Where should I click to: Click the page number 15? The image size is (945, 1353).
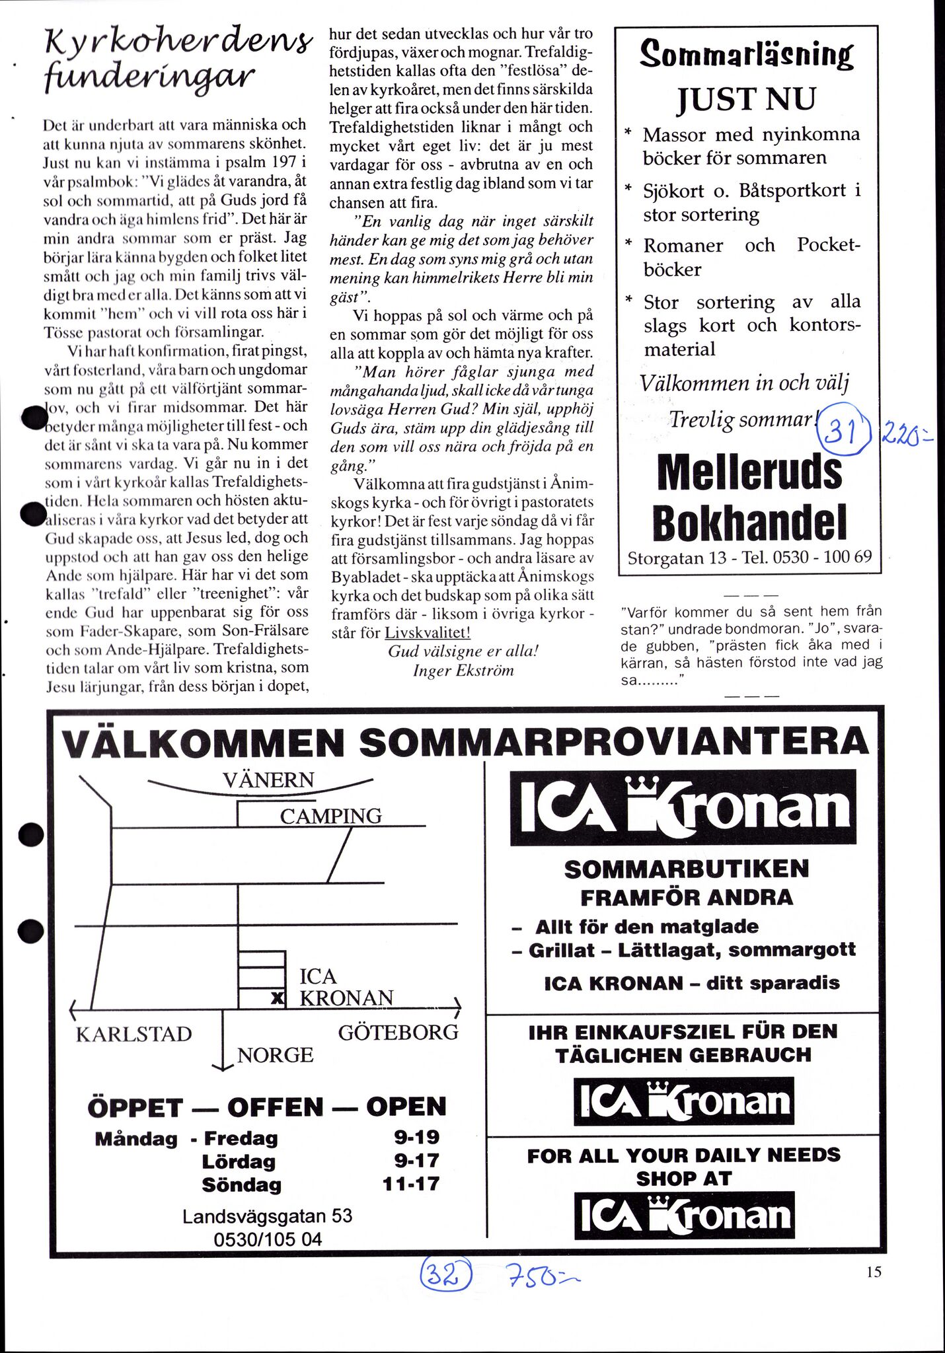point(873,1271)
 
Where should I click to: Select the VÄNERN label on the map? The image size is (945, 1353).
point(268,780)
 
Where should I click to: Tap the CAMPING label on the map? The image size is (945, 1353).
point(330,817)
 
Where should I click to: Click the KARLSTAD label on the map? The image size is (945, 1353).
point(133,1034)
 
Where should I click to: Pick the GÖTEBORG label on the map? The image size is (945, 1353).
point(398,1032)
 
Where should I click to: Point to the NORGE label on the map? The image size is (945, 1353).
point(275,1055)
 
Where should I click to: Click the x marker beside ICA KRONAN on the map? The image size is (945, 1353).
point(278,1000)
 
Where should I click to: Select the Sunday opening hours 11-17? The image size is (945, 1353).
point(410,1183)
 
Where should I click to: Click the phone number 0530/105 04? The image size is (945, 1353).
point(268,1239)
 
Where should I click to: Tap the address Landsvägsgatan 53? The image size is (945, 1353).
point(268,1216)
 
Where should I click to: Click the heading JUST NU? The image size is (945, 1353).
point(746,99)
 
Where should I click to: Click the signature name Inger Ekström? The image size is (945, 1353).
point(463,671)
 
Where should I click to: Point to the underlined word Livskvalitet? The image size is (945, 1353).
point(428,632)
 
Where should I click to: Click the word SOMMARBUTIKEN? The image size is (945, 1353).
point(686,869)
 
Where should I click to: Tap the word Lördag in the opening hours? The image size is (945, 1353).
point(239,1161)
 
